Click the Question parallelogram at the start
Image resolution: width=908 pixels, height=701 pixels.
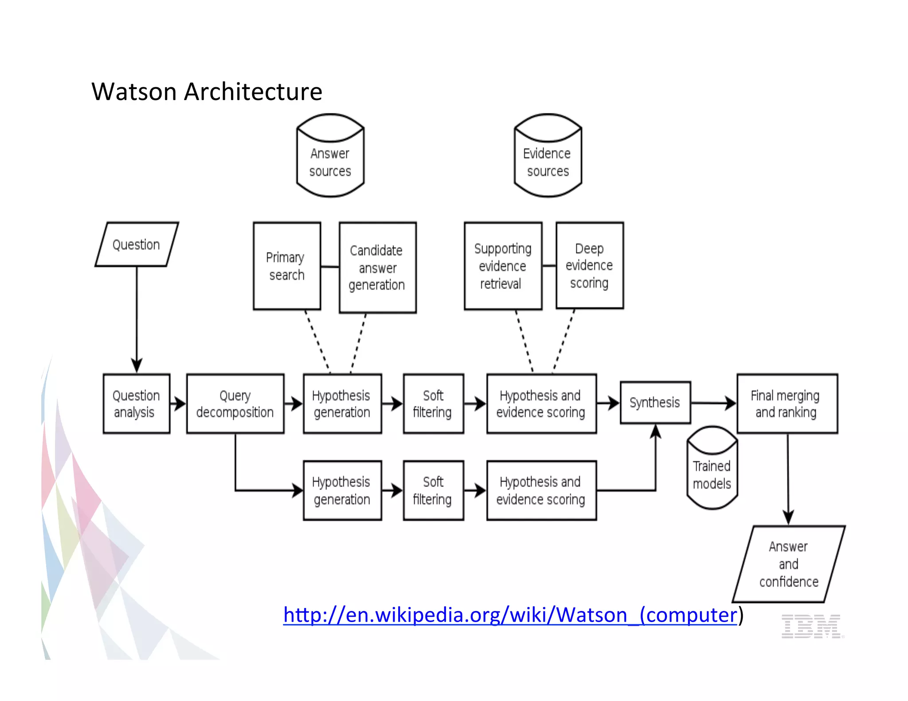point(137,245)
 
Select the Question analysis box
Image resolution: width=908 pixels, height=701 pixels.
point(136,404)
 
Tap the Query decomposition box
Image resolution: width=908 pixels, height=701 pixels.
point(235,404)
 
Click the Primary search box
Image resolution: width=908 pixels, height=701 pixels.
point(286,266)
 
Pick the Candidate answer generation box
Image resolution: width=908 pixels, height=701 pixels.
point(377,268)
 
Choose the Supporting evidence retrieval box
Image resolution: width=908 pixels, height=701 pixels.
point(503,266)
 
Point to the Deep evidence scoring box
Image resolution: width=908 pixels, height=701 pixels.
point(590,265)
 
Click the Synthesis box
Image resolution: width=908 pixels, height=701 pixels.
point(655,402)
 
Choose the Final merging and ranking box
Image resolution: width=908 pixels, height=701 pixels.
point(787,404)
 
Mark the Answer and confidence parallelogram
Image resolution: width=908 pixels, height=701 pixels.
point(789,564)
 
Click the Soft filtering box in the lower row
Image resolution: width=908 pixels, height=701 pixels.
point(433,491)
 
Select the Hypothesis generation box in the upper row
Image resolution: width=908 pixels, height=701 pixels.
point(342,404)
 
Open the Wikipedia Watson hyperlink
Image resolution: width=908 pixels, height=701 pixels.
point(510,615)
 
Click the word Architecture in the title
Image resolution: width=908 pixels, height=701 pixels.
point(253,92)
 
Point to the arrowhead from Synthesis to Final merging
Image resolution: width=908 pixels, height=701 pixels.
point(730,403)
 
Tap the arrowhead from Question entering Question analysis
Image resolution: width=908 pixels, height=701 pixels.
point(137,366)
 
